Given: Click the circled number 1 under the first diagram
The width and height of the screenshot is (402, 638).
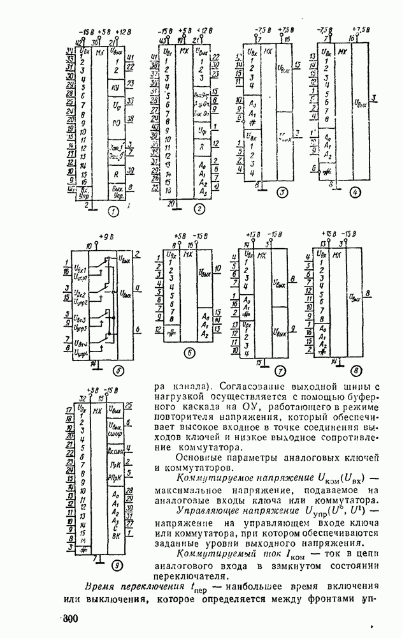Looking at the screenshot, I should (x=113, y=211).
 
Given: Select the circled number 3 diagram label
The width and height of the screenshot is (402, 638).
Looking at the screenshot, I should (x=282, y=193).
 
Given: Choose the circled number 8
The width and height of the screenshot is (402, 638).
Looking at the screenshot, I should (x=355, y=369).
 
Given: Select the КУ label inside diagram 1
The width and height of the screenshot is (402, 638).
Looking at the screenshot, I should (x=115, y=86).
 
